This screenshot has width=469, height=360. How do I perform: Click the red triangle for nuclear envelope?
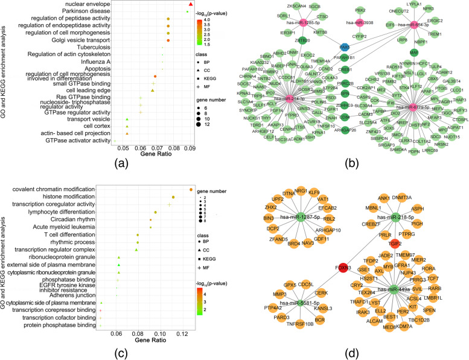pos(191,5)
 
